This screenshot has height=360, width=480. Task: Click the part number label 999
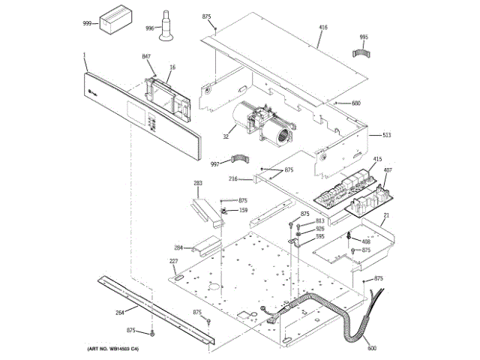coord(88,24)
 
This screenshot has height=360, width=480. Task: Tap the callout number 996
coord(149,28)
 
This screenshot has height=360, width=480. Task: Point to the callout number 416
coord(323,27)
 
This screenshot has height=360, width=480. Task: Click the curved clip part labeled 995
coord(363,52)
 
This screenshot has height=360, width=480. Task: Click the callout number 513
coord(387,135)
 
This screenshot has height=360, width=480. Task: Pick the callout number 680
coord(356,103)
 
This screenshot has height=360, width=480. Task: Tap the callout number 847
coord(147,57)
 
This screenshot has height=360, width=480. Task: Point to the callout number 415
coord(377,159)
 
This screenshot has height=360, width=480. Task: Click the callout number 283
coord(198,183)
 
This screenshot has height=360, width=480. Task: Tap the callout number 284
coord(178,247)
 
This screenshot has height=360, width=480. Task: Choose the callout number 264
coord(119,313)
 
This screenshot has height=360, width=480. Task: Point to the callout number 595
coord(319,236)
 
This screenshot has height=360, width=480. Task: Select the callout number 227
coord(173,261)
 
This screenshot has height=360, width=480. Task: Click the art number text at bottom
coord(113,349)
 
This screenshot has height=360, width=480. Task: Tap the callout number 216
coord(233,180)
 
